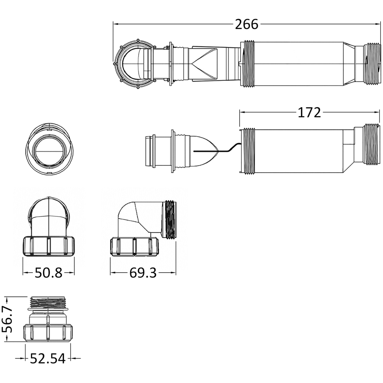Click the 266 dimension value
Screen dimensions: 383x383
pyautogui.click(x=246, y=25)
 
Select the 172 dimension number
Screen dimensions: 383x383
pyautogui.click(x=309, y=113)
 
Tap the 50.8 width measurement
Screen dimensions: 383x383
pyautogui.click(x=49, y=273)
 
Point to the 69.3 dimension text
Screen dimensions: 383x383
pyautogui.click(x=143, y=273)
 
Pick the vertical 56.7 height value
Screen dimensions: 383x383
pyautogui.click(x=7, y=319)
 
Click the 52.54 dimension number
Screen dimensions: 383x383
pyautogui.click(x=48, y=358)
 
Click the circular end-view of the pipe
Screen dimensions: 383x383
pyautogui.click(x=49, y=149)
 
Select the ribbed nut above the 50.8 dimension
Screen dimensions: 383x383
pyautogui.click(x=49, y=246)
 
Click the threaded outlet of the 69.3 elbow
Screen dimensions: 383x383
pyautogui.click(x=171, y=219)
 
